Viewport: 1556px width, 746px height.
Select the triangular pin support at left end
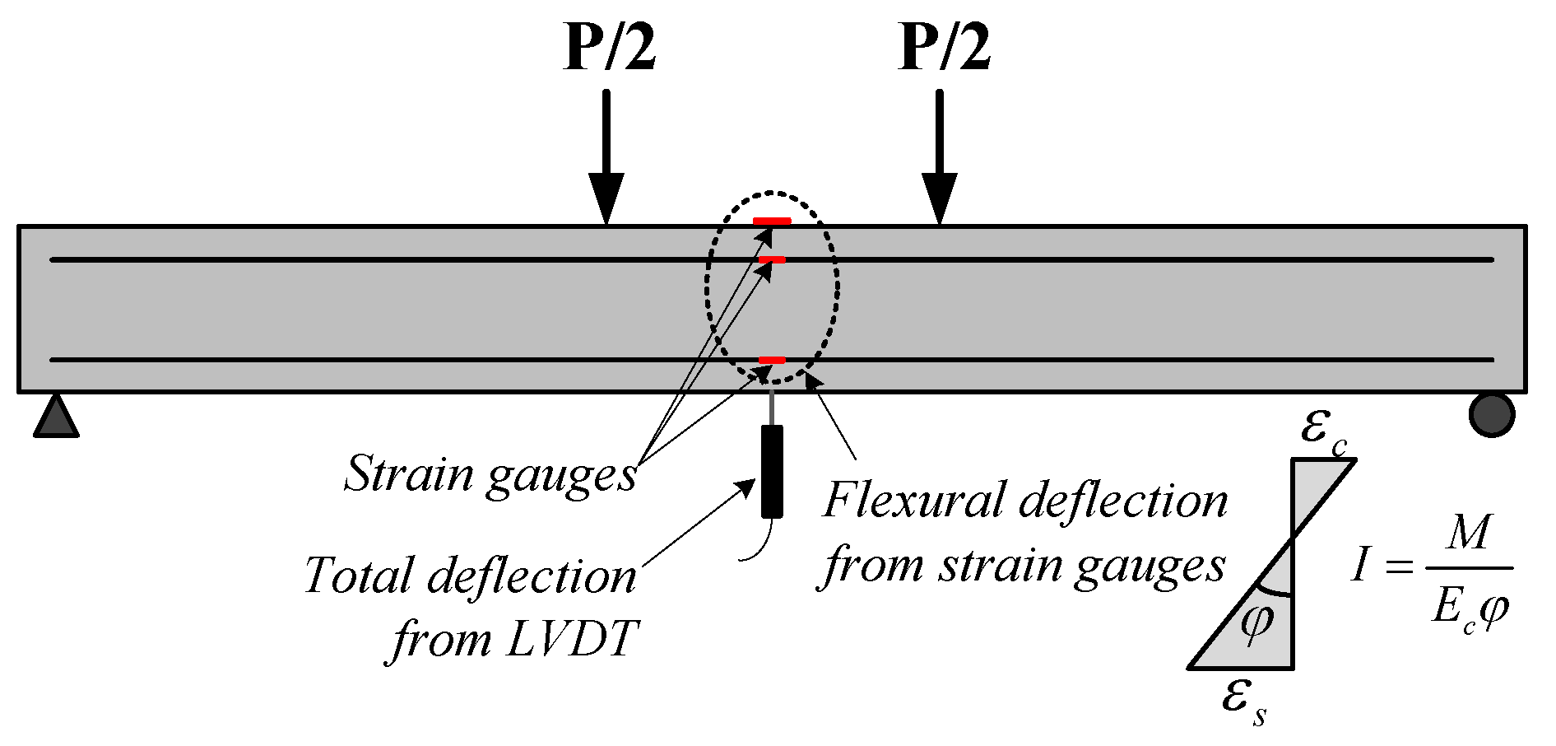tap(56, 417)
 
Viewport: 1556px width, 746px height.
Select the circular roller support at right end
tap(1491, 414)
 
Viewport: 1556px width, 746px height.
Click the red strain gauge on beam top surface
tap(772, 221)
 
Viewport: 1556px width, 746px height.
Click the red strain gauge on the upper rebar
tap(772, 260)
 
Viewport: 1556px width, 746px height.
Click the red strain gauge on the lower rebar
tap(772, 361)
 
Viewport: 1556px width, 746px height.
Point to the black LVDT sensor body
tap(772, 471)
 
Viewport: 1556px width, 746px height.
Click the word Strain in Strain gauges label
tap(409, 474)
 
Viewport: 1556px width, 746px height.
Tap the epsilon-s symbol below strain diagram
tap(1243, 702)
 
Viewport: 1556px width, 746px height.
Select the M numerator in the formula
tap(1469, 534)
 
